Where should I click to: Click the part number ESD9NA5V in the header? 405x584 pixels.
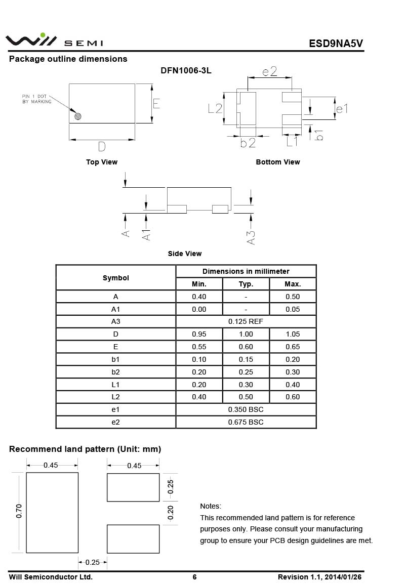[x=336, y=43]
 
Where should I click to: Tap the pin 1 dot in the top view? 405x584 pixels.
[x=78, y=116]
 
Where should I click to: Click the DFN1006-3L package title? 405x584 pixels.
[x=186, y=71]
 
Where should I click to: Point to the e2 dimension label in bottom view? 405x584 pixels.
[x=270, y=71]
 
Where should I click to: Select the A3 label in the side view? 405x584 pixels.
[x=251, y=238]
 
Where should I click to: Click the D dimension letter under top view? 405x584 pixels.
[x=102, y=147]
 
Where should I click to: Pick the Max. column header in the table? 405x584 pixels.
[x=293, y=284]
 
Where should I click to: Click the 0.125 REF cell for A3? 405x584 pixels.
[x=246, y=321]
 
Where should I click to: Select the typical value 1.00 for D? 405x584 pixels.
[x=246, y=334]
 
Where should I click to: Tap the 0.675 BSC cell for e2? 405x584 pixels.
[x=246, y=422]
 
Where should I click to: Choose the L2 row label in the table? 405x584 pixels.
[x=115, y=397]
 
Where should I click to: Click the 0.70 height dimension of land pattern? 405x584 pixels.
[x=19, y=512]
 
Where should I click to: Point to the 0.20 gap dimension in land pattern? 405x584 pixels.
[x=170, y=512]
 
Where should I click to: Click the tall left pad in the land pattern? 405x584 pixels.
[x=52, y=512]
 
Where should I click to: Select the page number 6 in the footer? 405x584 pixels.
[x=194, y=577]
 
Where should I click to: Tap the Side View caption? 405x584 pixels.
[x=185, y=254]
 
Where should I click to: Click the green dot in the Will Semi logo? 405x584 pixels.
[x=43, y=35]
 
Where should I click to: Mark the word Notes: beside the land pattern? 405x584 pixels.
[x=211, y=506]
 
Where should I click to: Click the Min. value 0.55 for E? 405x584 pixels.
[x=199, y=347]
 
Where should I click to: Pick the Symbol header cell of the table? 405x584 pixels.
[x=115, y=278]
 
